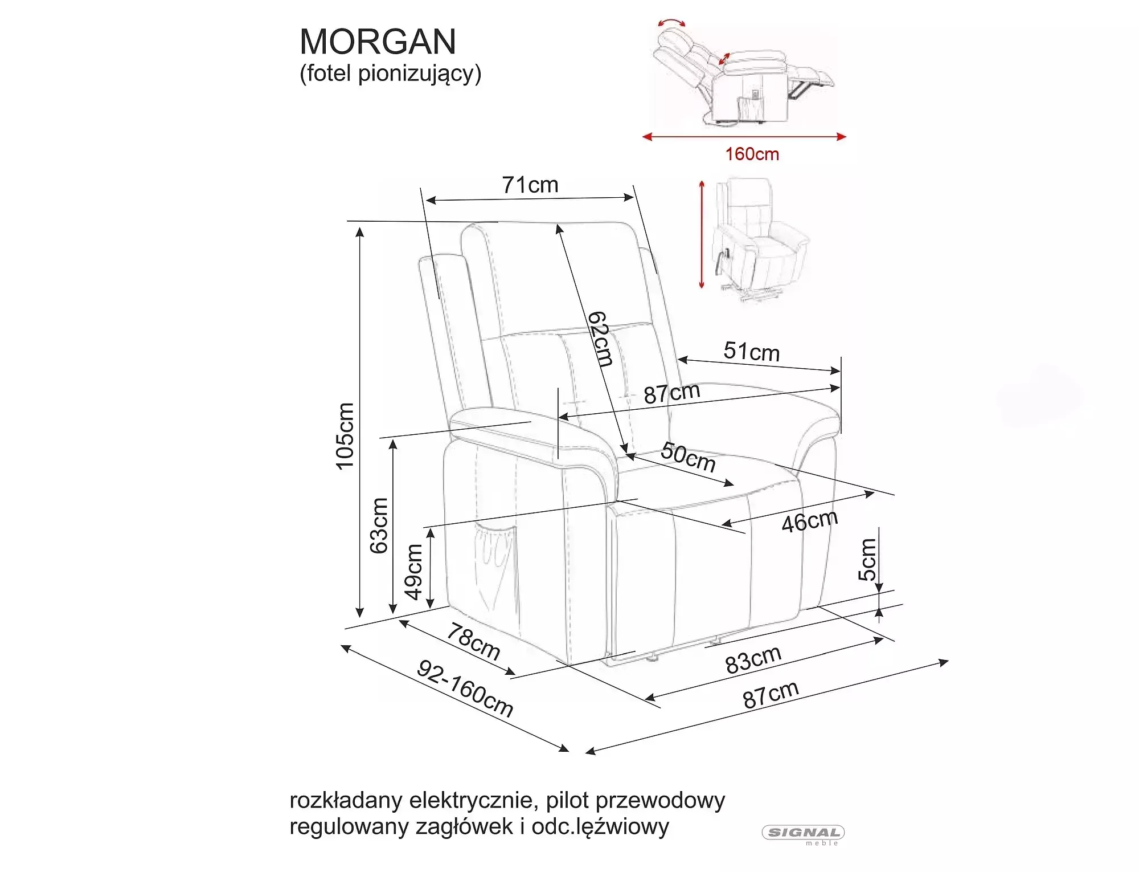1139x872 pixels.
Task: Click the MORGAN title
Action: click(x=378, y=42)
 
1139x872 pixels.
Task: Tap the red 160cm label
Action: click(x=752, y=154)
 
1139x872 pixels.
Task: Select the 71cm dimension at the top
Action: click(x=530, y=185)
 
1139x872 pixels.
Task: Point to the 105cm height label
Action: click(x=346, y=436)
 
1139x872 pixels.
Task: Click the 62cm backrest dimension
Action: click(x=601, y=339)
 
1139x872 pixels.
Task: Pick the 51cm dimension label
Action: click(x=752, y=352)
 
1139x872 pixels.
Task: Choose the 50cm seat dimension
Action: click(x=688, y=457)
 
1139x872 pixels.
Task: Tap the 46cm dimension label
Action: click(x=809, y=521)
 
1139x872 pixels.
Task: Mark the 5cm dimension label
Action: click(x=867, y=560)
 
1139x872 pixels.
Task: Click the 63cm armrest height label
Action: click(x=379, y=525)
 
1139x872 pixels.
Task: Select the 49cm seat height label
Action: click(x=414, y=572)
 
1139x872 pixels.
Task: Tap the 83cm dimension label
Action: click(x=753, y=660)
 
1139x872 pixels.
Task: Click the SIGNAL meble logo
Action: click(x=803, y=834)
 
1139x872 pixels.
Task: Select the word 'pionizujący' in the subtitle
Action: click(x=420, y=74)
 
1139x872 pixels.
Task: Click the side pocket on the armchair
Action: click(x=493, y=559)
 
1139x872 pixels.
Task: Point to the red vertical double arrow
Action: click(x=702, y=234)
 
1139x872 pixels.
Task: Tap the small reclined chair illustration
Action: click(x=743, y=74)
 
